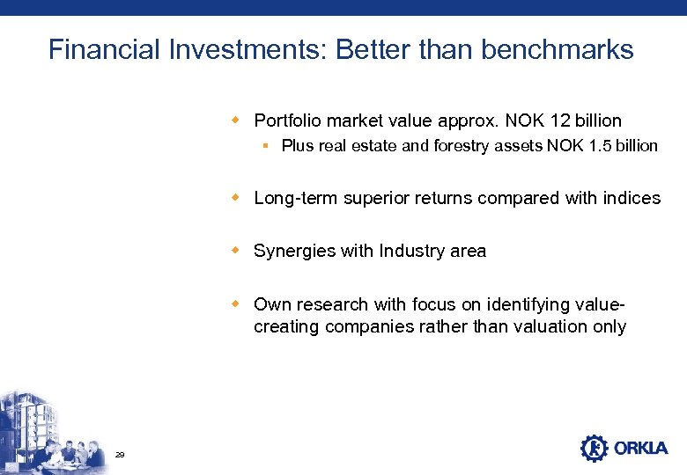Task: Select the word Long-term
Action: point(295,199)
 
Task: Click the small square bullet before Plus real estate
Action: point(264,146)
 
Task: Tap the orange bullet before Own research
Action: point(235,303)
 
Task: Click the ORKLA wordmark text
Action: point(641,449)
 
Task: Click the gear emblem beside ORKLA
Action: point(595,449)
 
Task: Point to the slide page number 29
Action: point(120,454)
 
